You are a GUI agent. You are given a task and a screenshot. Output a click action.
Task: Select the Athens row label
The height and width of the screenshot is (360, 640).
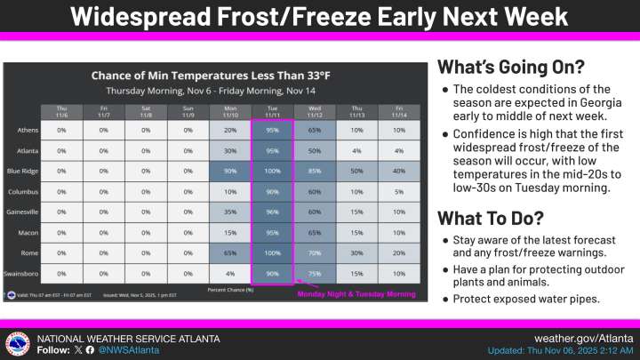click(28, 131)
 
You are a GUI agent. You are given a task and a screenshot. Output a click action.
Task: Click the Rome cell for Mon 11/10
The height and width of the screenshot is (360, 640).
click(229, 253)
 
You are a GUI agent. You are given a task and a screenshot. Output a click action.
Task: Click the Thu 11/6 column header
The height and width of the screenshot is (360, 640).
click(62, 112)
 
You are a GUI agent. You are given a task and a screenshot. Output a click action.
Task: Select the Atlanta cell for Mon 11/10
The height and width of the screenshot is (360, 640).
click(229, 150)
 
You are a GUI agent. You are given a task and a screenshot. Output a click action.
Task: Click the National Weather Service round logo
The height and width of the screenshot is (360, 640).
click(16, 344)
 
